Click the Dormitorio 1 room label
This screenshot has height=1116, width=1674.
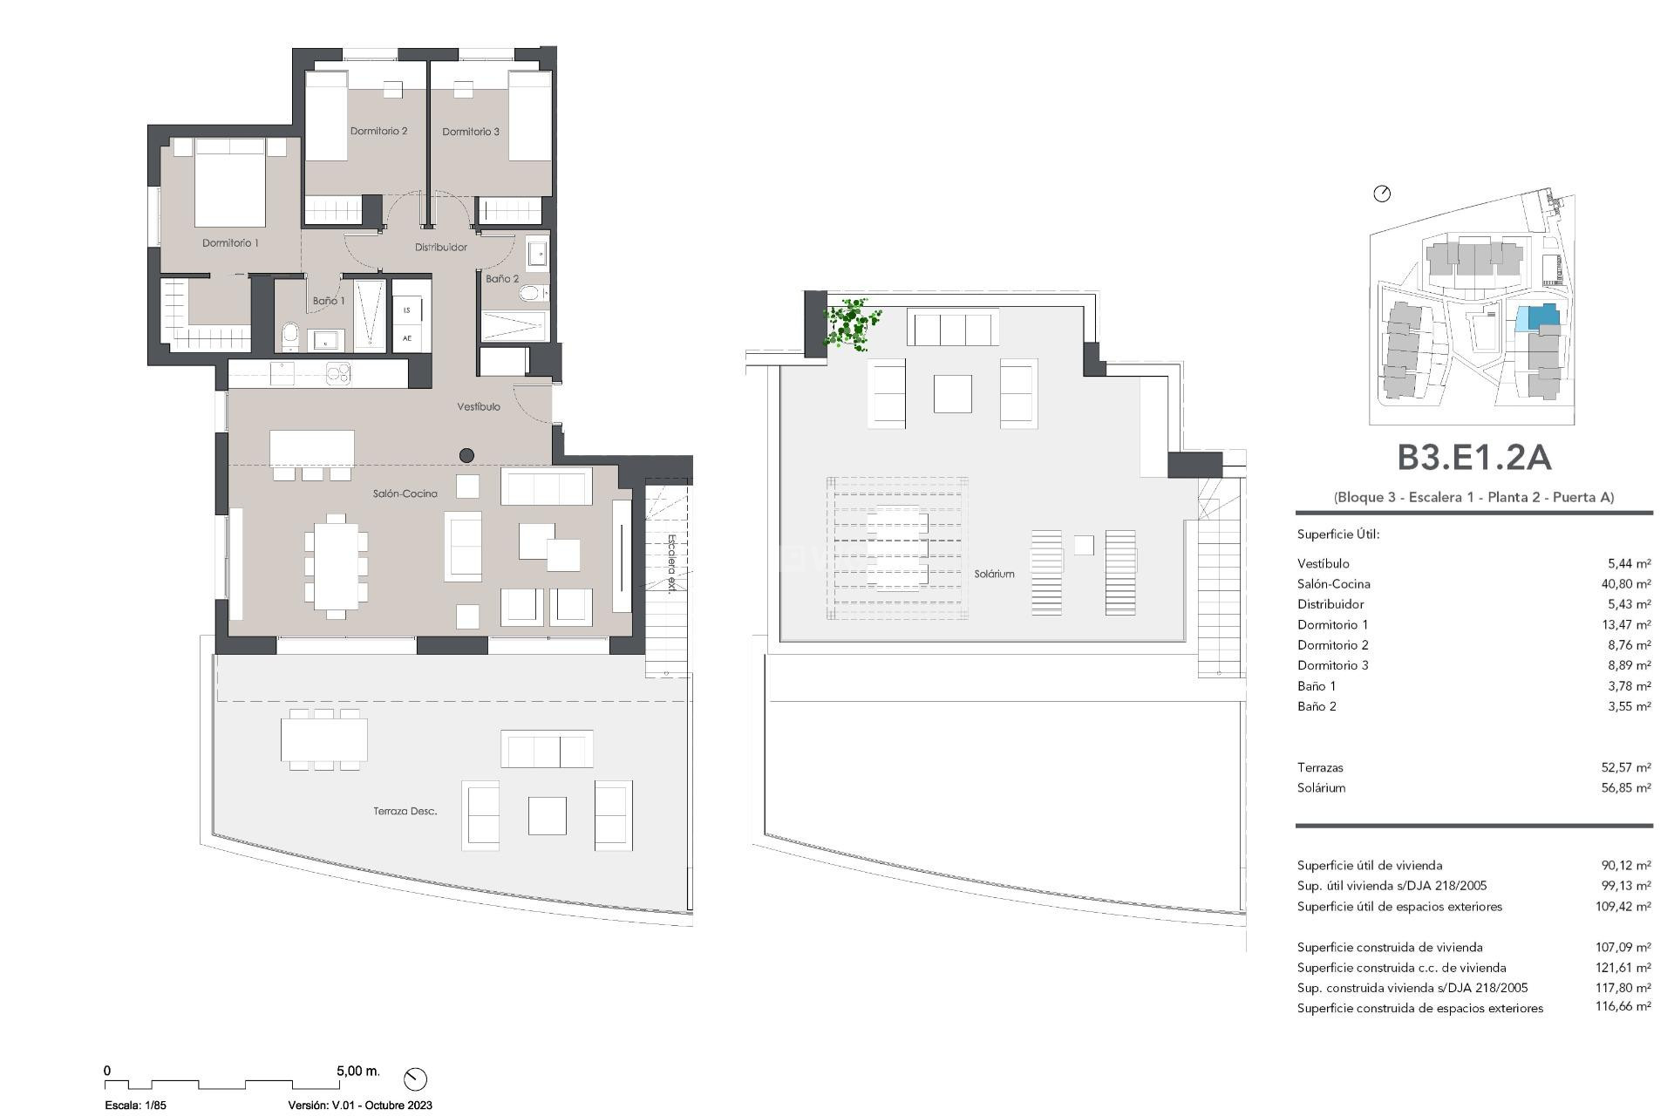[230, 243]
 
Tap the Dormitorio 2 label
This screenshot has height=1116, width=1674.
[378, 132]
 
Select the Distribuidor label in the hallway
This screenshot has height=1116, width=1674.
[440, 248]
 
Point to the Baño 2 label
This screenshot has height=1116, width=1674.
[502, 279]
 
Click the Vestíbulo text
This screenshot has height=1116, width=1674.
[479, 407]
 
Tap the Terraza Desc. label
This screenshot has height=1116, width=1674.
[405, 812]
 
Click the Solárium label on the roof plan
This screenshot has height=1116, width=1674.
[994, 575]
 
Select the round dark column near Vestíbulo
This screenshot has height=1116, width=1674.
[466, 455]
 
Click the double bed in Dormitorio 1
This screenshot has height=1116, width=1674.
[229, 185]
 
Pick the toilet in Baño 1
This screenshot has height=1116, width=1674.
[290, 335]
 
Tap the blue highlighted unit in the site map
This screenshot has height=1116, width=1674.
[1535, 316]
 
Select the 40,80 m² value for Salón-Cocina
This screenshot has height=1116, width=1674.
[1625, 584]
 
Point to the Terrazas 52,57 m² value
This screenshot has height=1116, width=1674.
[1625, 768]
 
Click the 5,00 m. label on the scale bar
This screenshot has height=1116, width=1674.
[357, 1071]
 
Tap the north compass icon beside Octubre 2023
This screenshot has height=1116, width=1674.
[415, 1079]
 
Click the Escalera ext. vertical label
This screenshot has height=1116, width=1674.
[670, 564]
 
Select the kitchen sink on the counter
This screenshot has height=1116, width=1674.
[282, 374]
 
